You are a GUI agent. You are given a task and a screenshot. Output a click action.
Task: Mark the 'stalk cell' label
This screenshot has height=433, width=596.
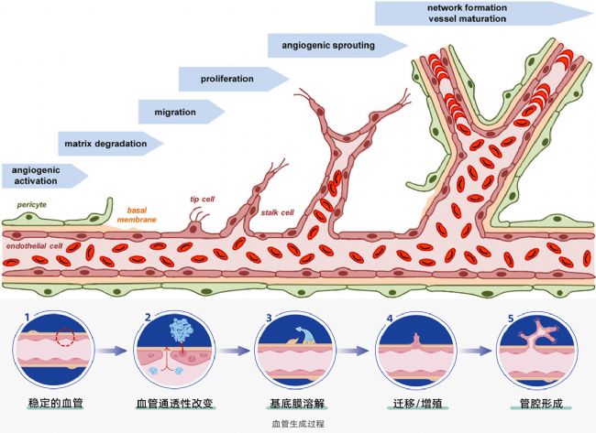point(276,212)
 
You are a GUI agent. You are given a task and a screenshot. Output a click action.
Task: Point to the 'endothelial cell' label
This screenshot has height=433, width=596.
point(34,246)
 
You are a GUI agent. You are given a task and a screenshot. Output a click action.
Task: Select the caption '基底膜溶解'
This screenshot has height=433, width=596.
point(294,404)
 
